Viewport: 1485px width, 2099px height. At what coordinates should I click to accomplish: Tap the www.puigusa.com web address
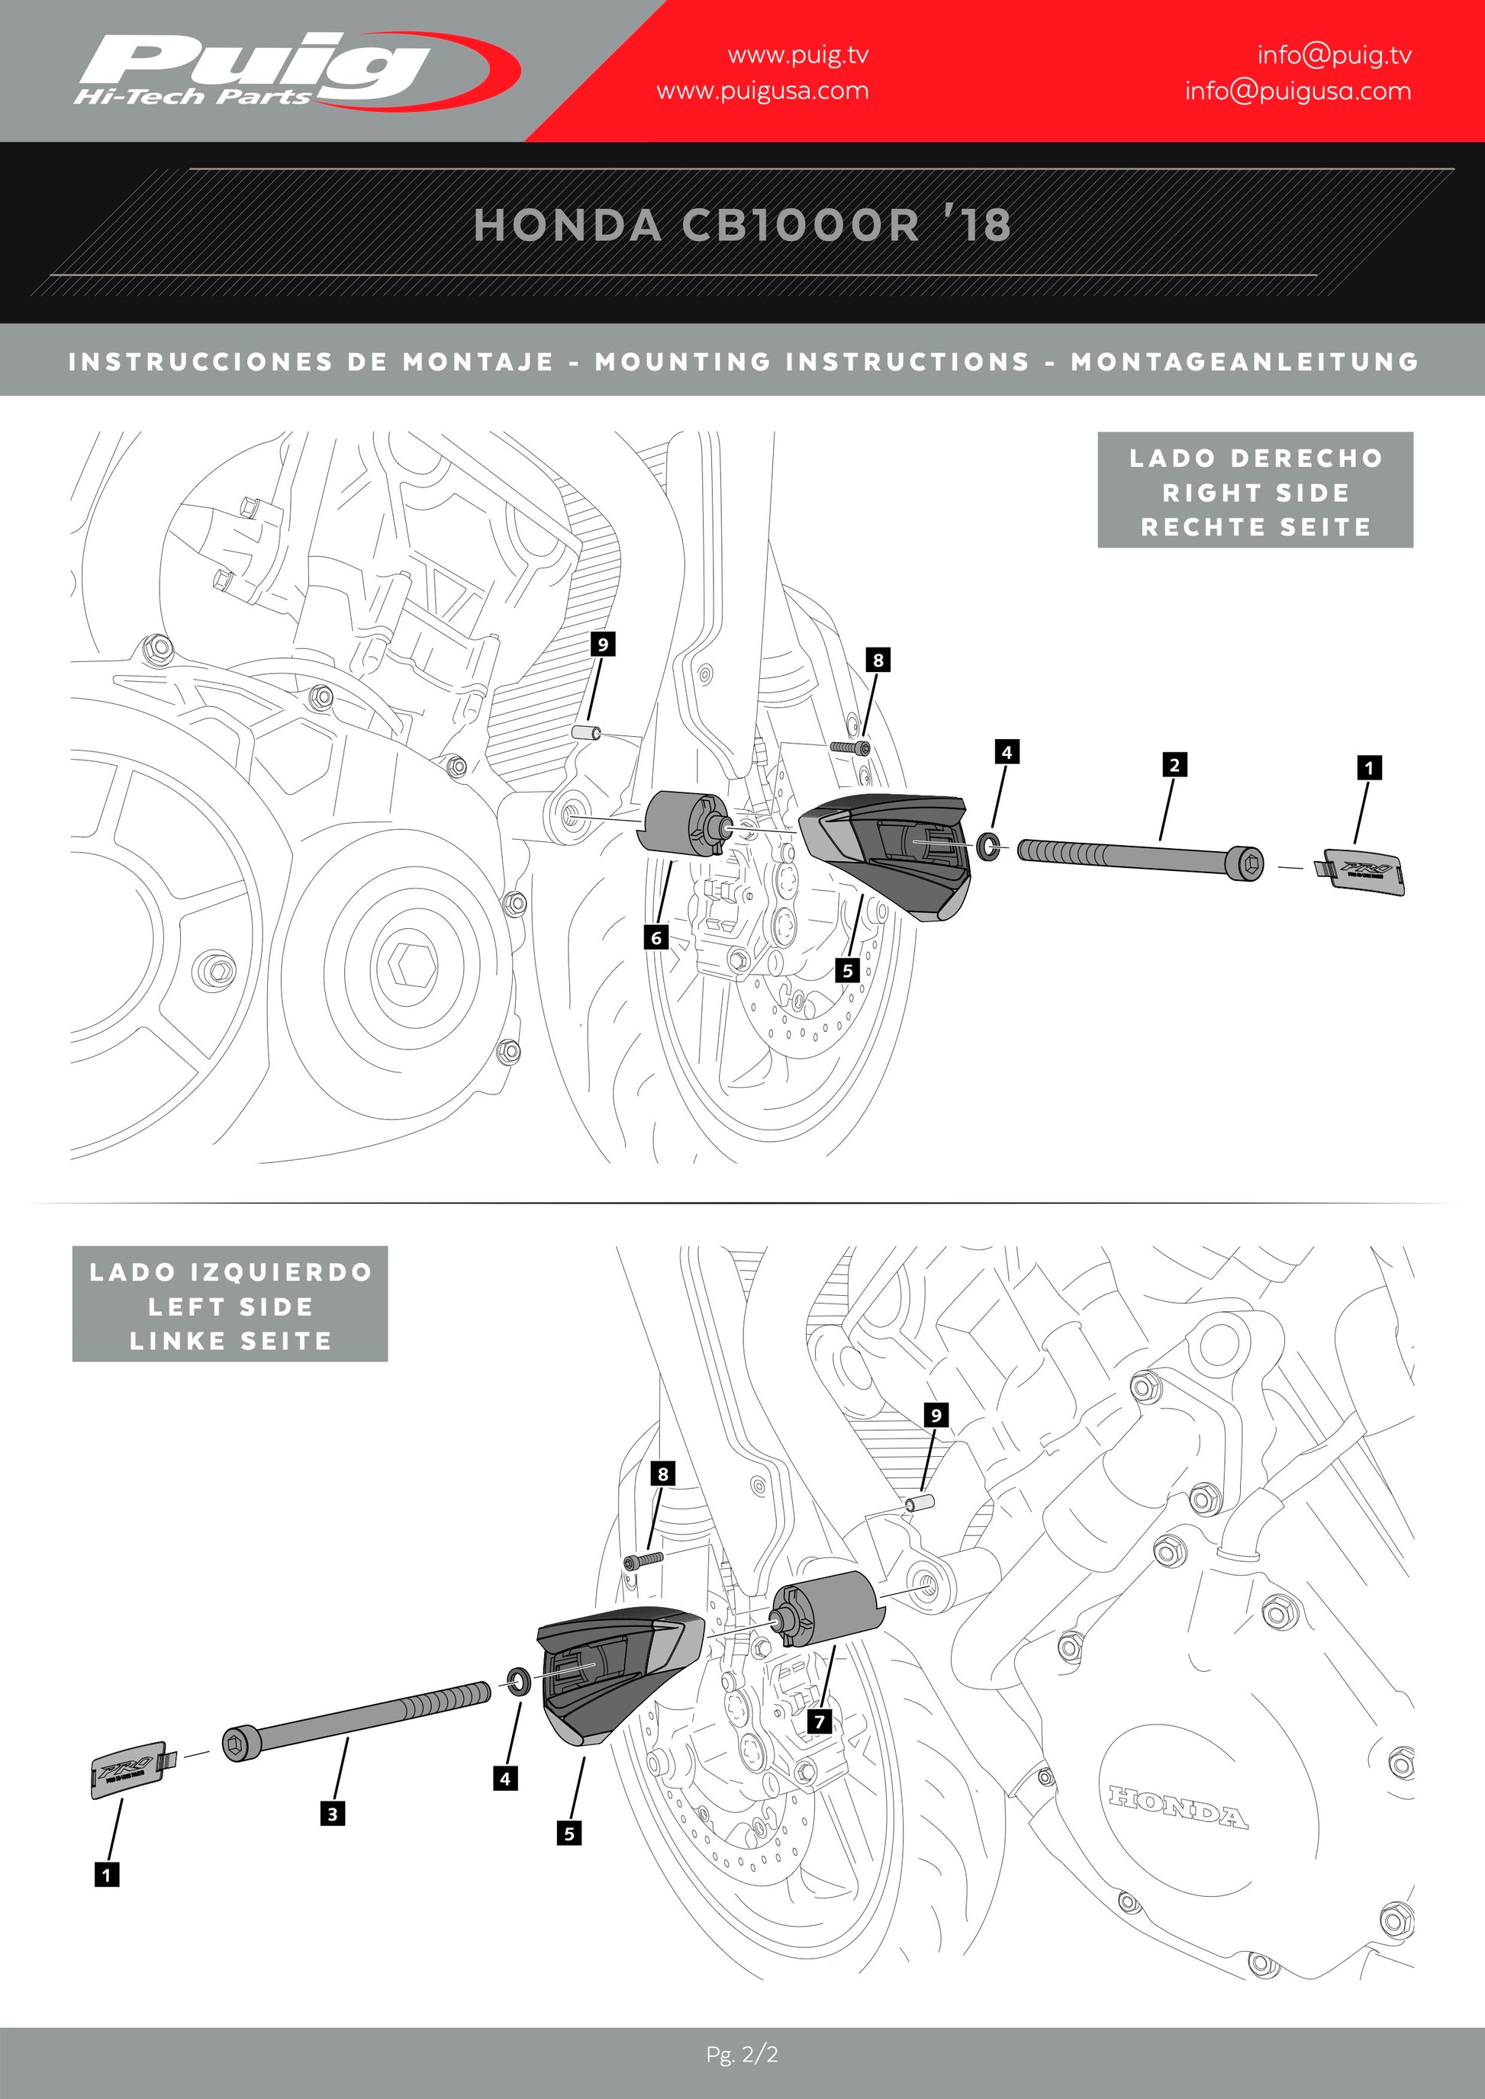pyautogui.click(x=762, y=92)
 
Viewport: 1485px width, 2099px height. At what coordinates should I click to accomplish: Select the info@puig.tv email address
pyautogui.click(x=1333, y=56)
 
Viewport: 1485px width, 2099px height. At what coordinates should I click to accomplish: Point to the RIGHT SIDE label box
pyautogui.click(x=1255, y=491)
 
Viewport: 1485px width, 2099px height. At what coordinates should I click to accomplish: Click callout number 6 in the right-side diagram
pyautogui.click(x=656, y=937)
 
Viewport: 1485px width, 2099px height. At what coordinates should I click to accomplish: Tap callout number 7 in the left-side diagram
pyautogui.click(x=820, y=1721)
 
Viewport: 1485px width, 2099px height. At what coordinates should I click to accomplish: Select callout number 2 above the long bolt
pyautogui.click(x=1174, y=764)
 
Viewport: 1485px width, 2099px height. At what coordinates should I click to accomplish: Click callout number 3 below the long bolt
pyautogui.click(x=333, y=1814)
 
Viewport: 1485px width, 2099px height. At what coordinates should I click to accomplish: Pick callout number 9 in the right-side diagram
pyautogui.click(x=603, y=644)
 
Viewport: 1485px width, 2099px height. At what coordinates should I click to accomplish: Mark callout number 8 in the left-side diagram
pyautogui.click(x=663, y=1473)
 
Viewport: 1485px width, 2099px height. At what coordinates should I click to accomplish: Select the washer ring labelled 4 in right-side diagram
pyautogui.click(x=988, y=846)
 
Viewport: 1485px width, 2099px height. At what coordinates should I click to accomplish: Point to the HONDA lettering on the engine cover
pyautogui.click(x=1177, y=1806)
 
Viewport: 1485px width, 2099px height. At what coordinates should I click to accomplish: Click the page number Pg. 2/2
pyautogui.click(x=742, y=2054)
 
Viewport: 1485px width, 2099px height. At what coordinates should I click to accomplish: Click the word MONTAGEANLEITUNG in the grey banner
pyautogui.click(x=1245, y=362)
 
